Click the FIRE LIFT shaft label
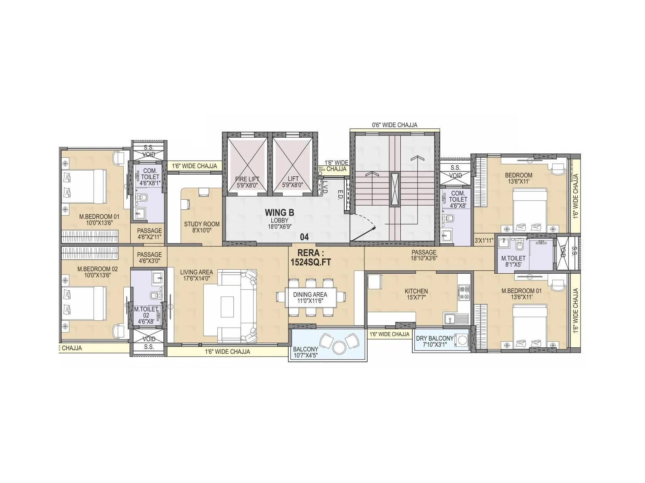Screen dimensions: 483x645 247,182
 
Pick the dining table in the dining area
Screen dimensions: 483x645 310,297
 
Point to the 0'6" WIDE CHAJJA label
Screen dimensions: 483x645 394,125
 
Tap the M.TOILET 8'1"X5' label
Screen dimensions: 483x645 513,261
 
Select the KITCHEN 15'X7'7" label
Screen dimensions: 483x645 416,294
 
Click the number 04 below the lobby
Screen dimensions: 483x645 304,237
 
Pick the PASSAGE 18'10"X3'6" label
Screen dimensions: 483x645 424,255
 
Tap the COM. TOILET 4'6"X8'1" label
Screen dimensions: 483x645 150,177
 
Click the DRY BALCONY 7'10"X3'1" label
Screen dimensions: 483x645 434,341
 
